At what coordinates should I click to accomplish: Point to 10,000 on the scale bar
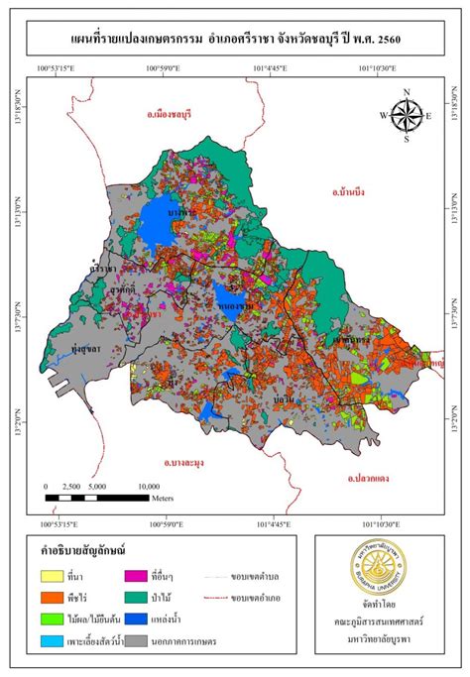click(147, 487)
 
